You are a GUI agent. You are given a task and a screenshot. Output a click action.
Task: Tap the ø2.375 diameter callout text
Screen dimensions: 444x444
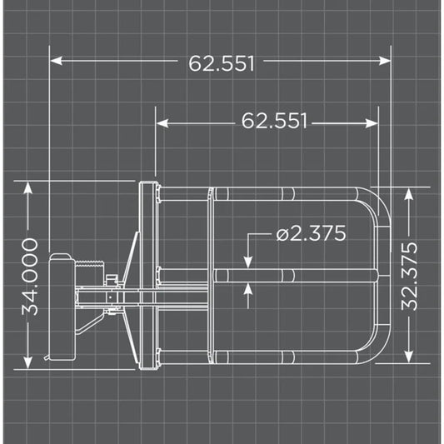(x=310, y=234)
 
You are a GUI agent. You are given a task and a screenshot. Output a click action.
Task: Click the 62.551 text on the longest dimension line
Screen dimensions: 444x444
(x=222, y=63)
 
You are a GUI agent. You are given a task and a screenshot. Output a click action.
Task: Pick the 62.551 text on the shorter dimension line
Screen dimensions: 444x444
(x=275, y=122)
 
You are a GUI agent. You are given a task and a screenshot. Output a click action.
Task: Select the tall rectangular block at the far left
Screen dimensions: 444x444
(x=61, y=308)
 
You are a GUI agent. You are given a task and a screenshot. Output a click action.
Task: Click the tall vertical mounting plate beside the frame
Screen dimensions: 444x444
(x=148, y=275)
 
